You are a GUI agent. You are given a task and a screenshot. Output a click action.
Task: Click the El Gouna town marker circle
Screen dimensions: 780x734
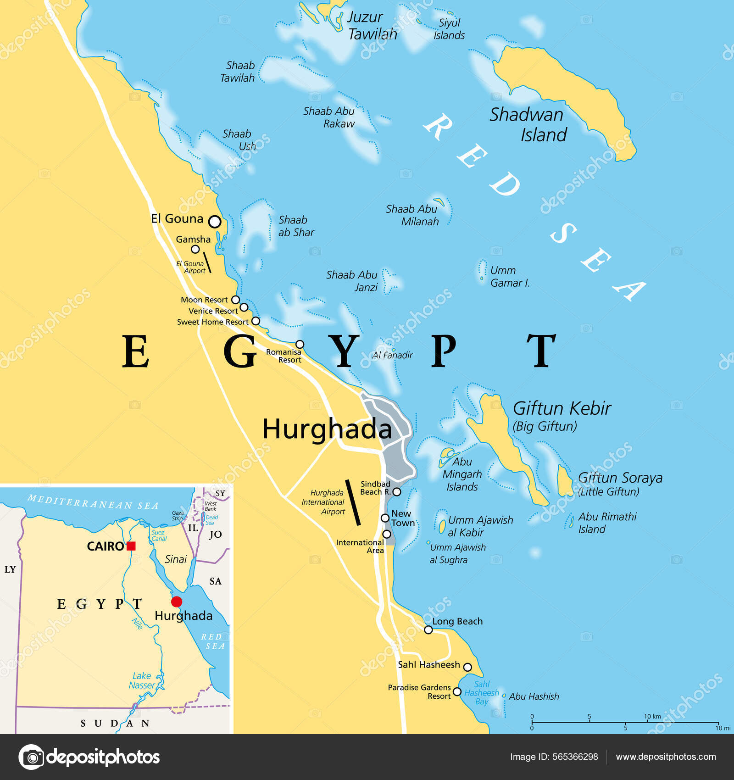click(x=215, y=222)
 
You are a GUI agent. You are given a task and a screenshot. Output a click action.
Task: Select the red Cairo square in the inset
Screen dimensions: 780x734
click(x=131, y=546)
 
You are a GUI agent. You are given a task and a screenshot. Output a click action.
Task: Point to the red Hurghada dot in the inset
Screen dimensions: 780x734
click(x=177, y=602)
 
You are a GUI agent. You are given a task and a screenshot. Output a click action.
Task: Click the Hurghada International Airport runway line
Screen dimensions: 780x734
click(x=353, y=502)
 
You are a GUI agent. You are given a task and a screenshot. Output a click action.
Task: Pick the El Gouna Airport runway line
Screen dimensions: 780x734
click(x=207, y=262)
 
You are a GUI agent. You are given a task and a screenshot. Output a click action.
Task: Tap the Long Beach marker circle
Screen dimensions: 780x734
click(x=428, y=630)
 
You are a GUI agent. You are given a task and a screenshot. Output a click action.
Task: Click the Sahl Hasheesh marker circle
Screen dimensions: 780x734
click(x=467, y=667)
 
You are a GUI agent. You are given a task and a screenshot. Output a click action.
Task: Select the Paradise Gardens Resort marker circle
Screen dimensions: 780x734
click(x=457, y=691)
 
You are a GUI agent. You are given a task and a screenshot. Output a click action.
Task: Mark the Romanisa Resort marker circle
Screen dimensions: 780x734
click(x=300, y=344)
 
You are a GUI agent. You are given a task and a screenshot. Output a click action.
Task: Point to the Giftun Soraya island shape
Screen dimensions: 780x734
click(x=564, y=482)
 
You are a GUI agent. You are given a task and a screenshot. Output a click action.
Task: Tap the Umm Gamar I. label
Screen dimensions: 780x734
click(x=509, y=277)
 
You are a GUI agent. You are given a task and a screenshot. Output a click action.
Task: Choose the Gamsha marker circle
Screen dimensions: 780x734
click(x=195, y=249)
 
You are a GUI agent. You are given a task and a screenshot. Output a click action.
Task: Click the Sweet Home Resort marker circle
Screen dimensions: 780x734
click(x=256, y=321)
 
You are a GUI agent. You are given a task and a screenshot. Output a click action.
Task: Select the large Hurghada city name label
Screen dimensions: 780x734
click(x=327, y=429)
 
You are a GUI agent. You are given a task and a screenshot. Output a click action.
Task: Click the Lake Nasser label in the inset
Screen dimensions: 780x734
click(x=142, y=680)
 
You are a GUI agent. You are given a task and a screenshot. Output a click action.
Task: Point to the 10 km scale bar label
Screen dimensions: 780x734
click(x=652, y=716)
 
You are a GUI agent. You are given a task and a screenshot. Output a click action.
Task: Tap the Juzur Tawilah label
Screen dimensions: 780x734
click(x=372, y=25)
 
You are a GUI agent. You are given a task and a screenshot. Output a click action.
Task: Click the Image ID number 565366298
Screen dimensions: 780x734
click(x=575, y=757)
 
